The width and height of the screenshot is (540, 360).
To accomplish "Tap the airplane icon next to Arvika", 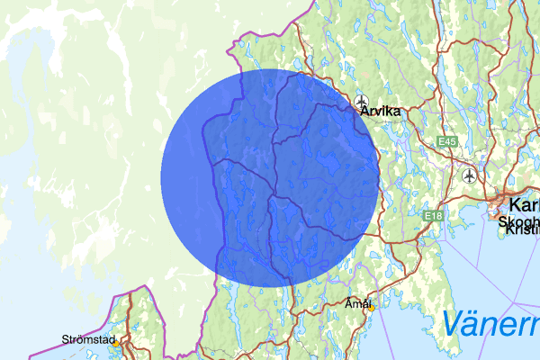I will [362, 101].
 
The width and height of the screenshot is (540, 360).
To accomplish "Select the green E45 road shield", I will [447, 142].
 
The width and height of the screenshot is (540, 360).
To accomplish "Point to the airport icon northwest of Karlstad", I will [469, 175].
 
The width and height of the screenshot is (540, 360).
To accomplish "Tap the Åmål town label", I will [358, 303].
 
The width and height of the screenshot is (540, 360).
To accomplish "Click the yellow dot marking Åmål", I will [370, 307].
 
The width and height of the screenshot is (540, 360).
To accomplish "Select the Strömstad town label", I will [88, 339].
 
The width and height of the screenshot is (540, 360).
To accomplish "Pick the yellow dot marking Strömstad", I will [116, 343].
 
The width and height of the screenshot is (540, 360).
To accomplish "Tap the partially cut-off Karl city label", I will [524, 205].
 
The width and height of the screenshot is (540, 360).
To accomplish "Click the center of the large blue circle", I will [270, 176].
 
